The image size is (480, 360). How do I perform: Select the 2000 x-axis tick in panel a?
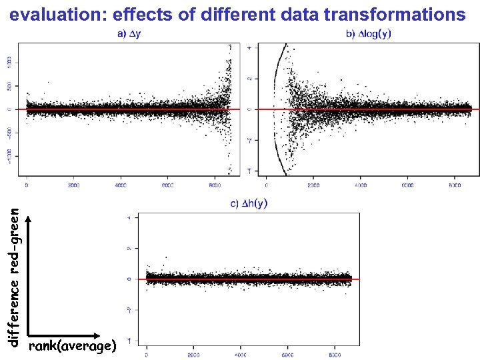click(74, 185)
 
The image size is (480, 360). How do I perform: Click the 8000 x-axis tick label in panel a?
click(215, 185)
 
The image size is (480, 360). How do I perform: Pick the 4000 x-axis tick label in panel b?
click(361, 185)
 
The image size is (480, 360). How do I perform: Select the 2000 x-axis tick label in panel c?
click(194, 354)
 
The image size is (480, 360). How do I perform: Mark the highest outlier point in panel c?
click(166, 257)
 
